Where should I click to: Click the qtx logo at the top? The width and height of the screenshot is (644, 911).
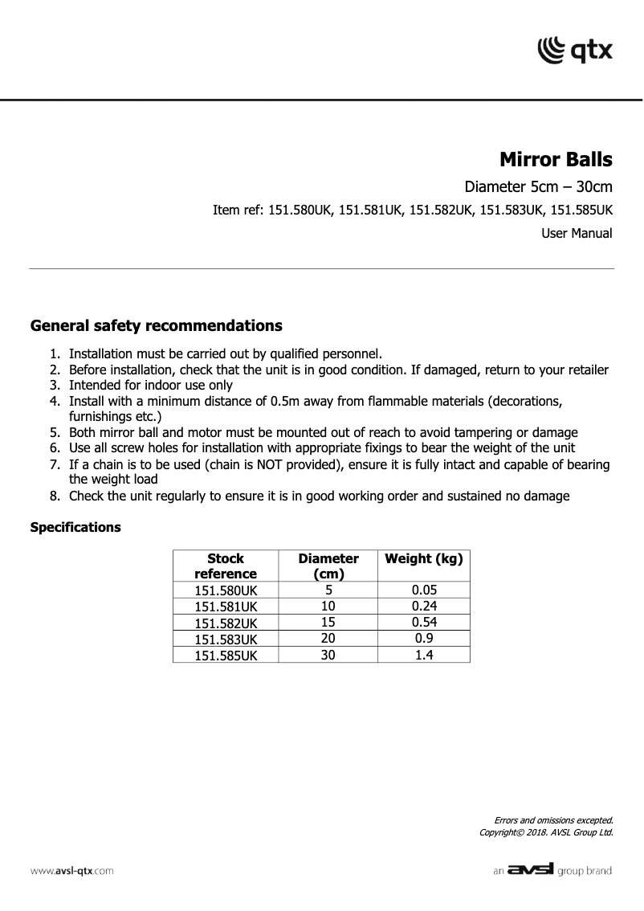574,50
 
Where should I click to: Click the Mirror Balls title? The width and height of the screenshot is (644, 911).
556,159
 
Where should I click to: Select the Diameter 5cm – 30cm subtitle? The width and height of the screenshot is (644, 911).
539,188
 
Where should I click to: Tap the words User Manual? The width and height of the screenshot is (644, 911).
577,234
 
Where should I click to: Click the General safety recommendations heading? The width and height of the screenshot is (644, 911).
156,326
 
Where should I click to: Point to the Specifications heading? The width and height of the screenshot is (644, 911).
75,528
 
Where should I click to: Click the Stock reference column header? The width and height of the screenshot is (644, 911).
225,566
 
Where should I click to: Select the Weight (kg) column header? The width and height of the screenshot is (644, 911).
423,558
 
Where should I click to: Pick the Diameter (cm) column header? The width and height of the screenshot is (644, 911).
328,566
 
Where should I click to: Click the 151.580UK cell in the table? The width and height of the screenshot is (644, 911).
225,590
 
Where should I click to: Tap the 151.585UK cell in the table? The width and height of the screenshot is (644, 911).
225,655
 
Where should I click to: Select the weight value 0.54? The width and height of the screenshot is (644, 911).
423,623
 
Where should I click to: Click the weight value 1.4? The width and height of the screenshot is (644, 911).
423,655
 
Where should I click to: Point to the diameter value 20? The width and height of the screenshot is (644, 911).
328,639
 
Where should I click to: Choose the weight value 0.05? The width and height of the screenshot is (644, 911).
423,590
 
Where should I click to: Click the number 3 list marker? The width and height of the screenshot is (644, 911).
54,385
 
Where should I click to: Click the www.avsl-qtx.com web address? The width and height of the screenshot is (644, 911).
71,871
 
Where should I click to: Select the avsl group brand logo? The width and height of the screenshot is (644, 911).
552,870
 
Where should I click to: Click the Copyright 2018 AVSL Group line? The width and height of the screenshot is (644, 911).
546,832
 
